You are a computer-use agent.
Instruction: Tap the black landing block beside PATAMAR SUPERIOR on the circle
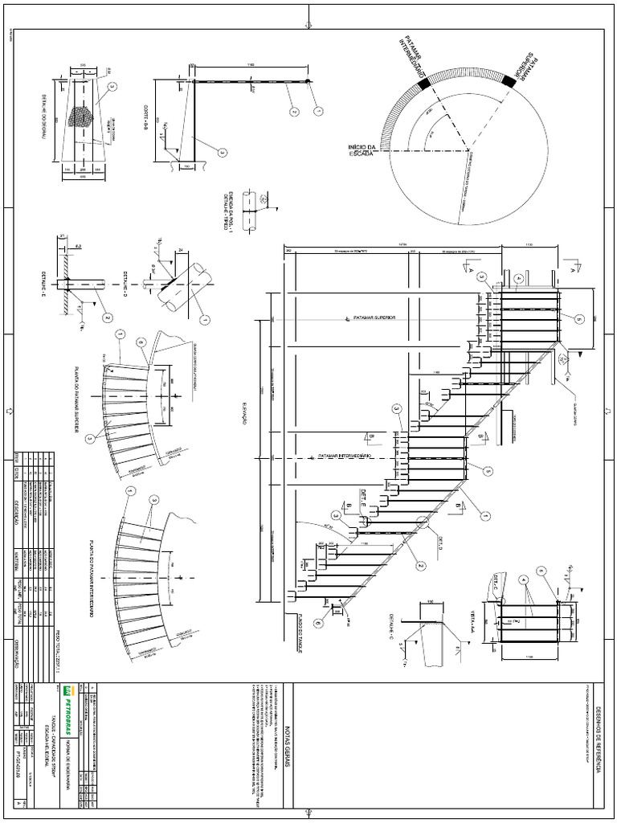(x=507, y=80)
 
